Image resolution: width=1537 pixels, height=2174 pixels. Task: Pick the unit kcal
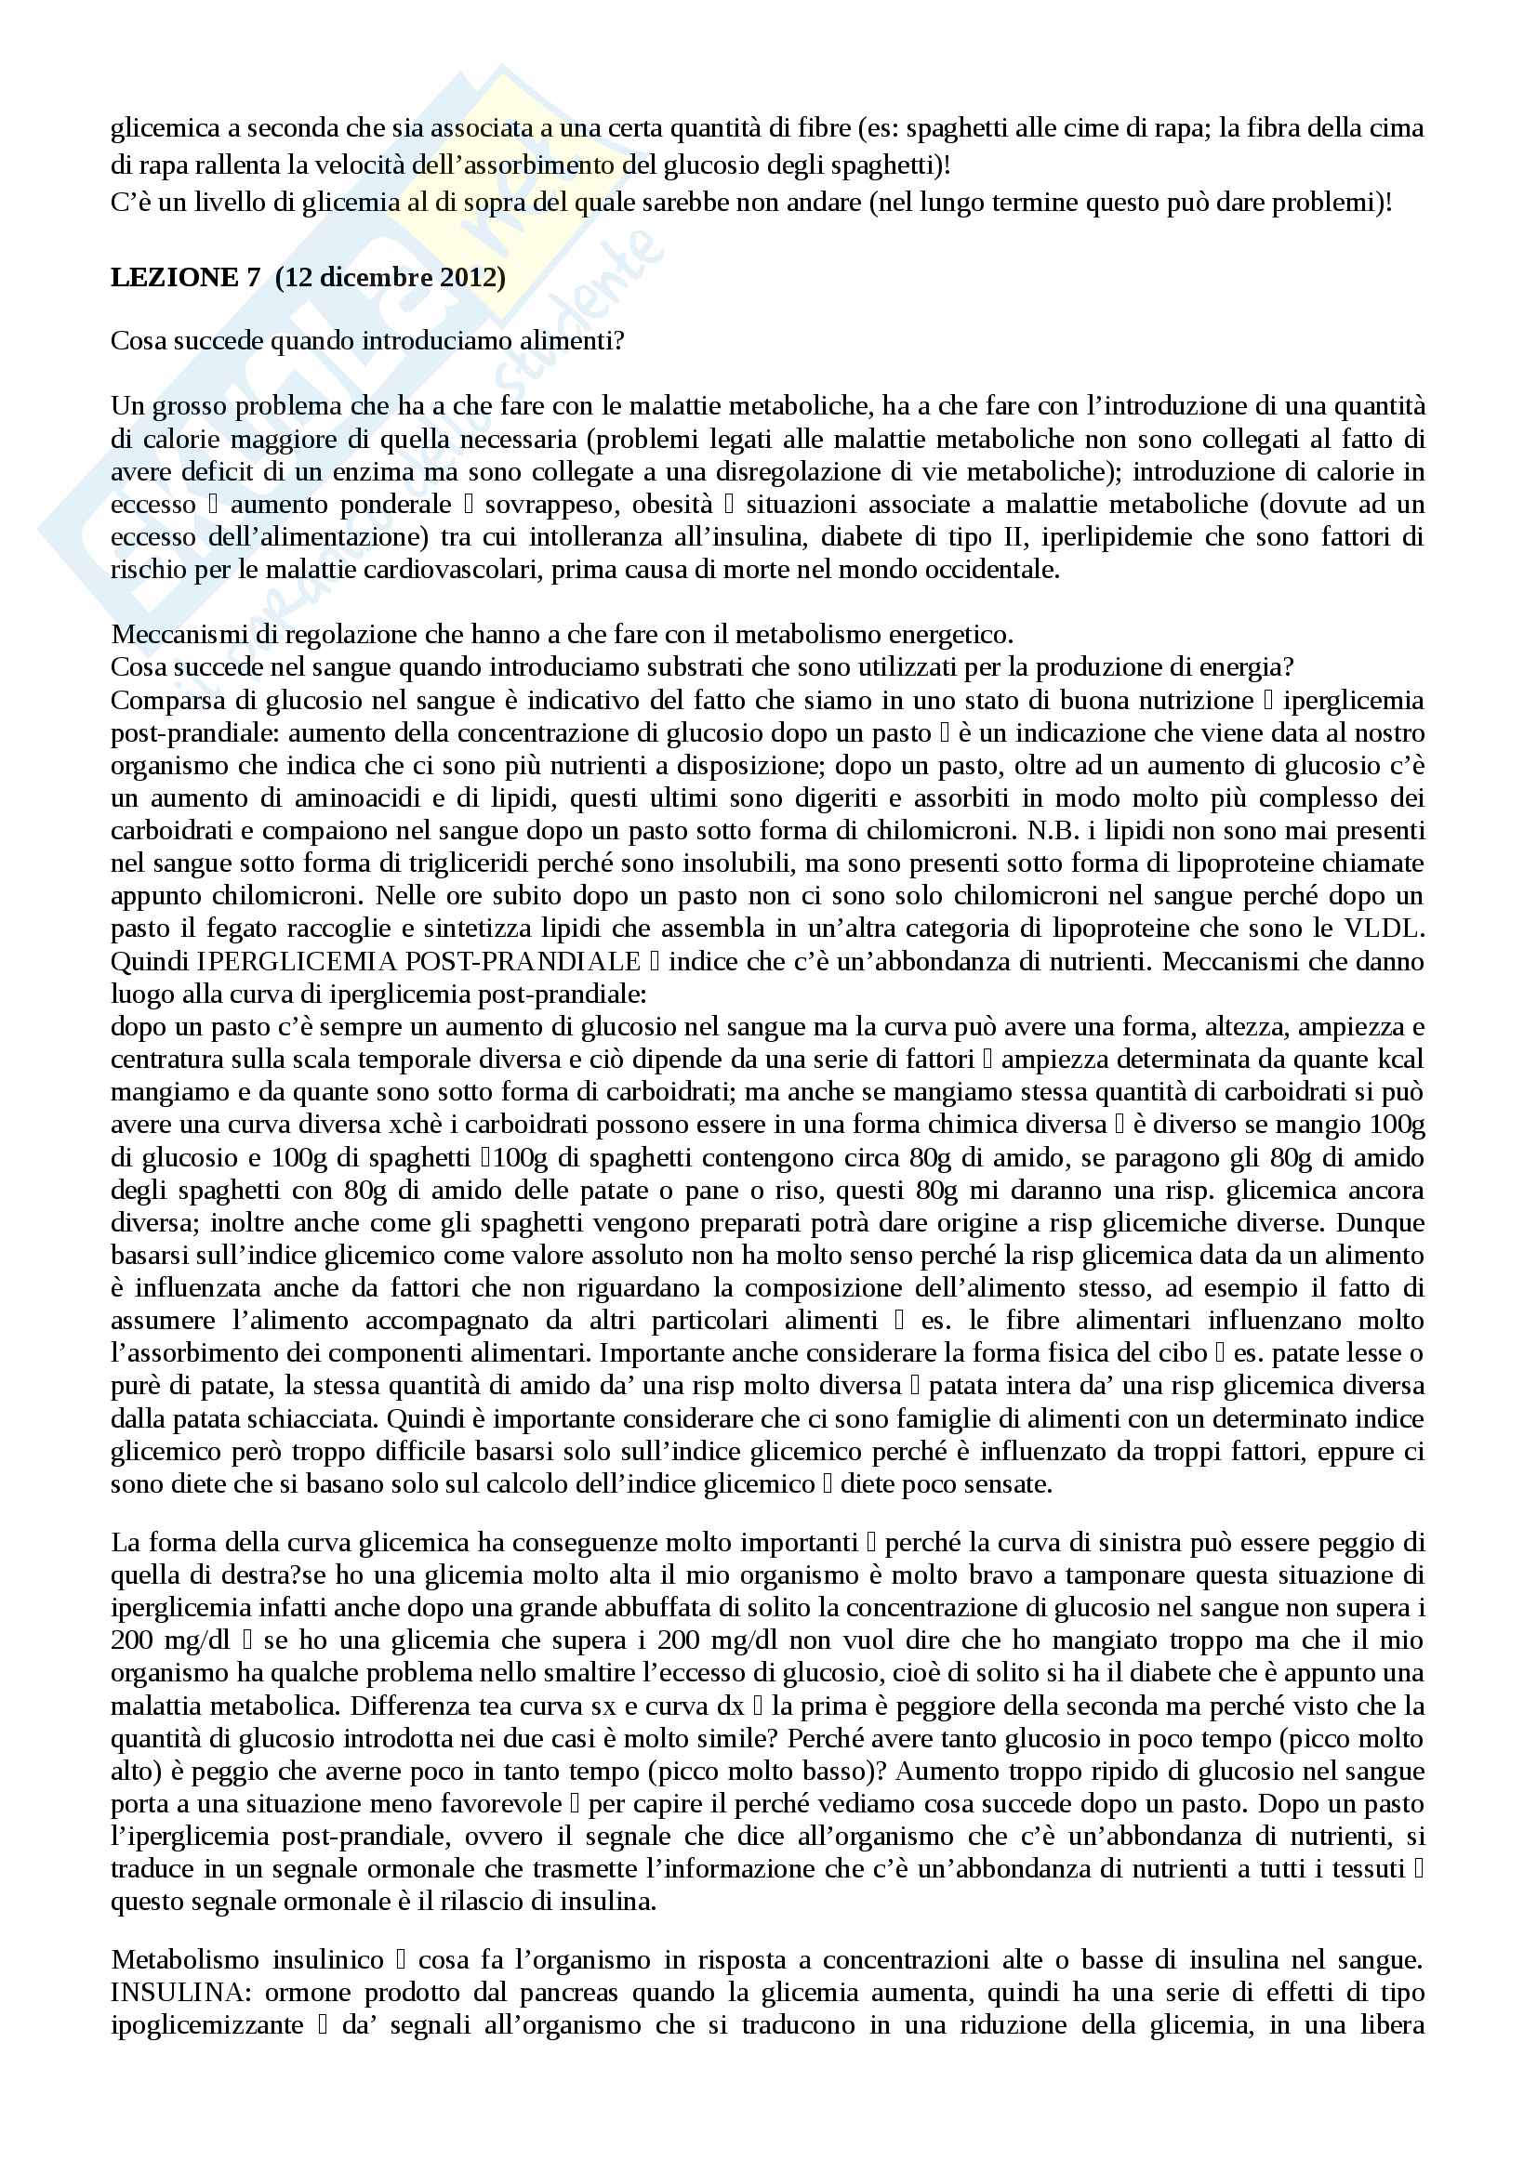[x=1399, y=1060]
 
